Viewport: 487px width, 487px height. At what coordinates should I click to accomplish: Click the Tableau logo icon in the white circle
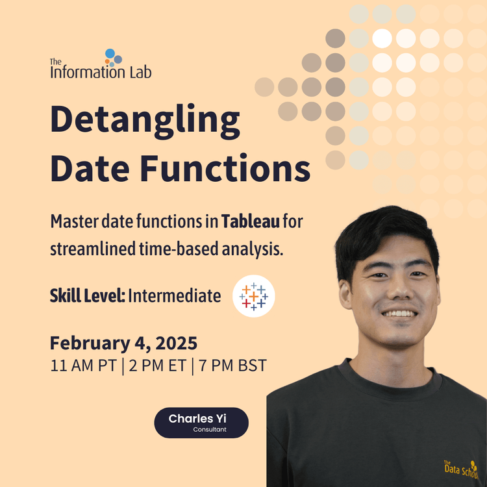(253, 296)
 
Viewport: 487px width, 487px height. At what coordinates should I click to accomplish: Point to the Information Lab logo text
(101, 71)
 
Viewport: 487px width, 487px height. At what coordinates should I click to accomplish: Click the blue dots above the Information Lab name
(113, 57)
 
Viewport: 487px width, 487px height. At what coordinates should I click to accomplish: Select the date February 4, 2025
(123, 342)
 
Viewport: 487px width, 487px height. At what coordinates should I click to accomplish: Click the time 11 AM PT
(82, 366)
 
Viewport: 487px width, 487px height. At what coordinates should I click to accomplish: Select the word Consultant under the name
(210, 430)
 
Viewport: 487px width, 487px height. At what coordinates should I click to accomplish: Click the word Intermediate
(174, 296)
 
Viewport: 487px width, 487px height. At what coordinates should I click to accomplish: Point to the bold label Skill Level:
(87, 296)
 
